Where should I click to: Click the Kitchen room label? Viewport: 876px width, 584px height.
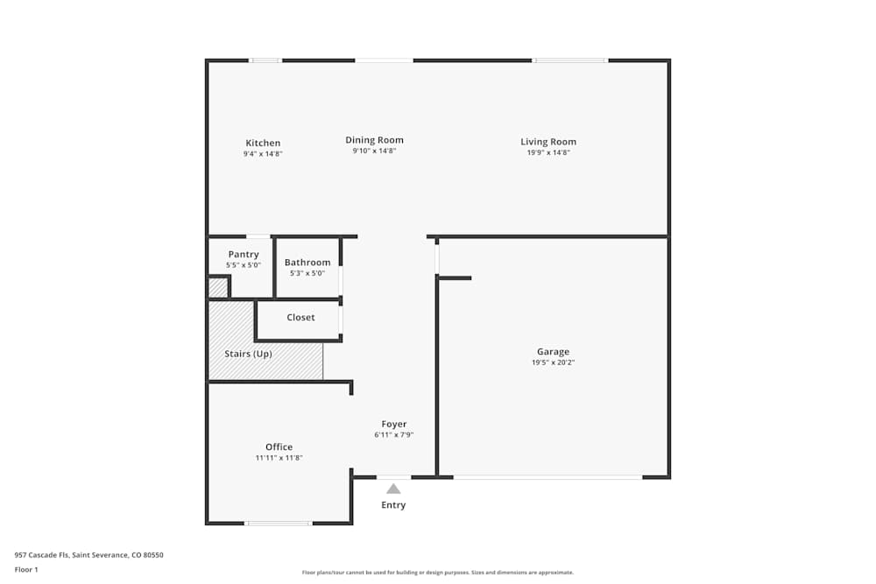coord(263,143)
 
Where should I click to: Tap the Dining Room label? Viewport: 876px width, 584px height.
coord(374,140)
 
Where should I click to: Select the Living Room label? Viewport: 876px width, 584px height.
coord(548,142)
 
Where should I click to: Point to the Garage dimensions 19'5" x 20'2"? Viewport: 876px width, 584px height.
coord(553,362)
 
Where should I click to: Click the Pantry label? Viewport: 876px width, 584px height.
coord(243,255)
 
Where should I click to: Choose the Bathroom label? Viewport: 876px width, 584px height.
coord(307,263)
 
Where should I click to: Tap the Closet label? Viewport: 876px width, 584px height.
coord(300,317)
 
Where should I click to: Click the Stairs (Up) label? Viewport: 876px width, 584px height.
coord(248,354)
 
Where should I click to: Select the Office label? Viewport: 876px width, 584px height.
coord(279,447)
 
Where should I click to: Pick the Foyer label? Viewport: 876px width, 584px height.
coord(393,424)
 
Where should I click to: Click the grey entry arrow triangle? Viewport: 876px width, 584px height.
coord(393,489)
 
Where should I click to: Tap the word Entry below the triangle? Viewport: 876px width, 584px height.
coord(393,505)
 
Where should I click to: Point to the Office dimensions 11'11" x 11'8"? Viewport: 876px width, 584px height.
coord(279,457)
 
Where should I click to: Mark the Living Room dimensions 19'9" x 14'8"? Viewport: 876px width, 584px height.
coord(548,152)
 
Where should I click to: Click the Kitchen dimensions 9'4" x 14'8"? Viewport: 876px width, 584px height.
coord(263,153)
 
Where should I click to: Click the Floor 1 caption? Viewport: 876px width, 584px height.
coord(26,569)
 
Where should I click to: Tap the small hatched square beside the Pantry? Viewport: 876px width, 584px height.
coord(217,288)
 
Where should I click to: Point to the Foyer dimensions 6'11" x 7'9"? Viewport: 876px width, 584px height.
coord(393,434)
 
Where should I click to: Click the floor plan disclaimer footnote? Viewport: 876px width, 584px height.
coord(438,573)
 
